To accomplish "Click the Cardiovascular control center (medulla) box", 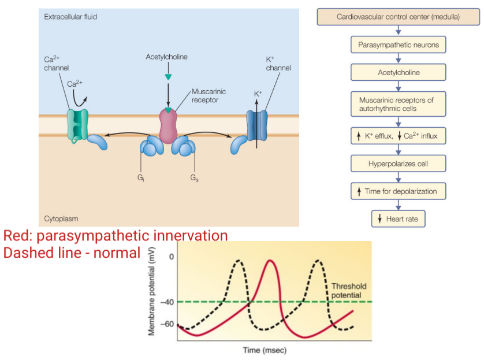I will pyautogui.click(x=398, y=17).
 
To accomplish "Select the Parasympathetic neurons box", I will pyautogui.click(x=398, y=44).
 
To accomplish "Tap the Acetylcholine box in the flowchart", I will pyautogui.click(x=398, y=72).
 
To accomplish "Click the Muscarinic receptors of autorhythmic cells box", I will pyautogui.click(x=398, y=104).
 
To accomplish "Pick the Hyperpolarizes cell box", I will pyautogui.click(x=398, y=164).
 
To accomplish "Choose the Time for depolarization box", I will pyautogui.click(x=398, y=191).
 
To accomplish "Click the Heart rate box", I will pyautogui.click(x=398, y=219).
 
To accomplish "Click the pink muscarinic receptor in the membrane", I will pyautogui.click(x=168, y=125).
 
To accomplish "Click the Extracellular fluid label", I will pyautogui.click(x=70, y=17).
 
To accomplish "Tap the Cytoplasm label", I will pyautogui.click(x=61, y=219).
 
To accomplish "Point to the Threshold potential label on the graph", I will pyautogui.click(x=348, y=291).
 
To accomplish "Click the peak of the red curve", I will pyautogui.click(x=269, y=261).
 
